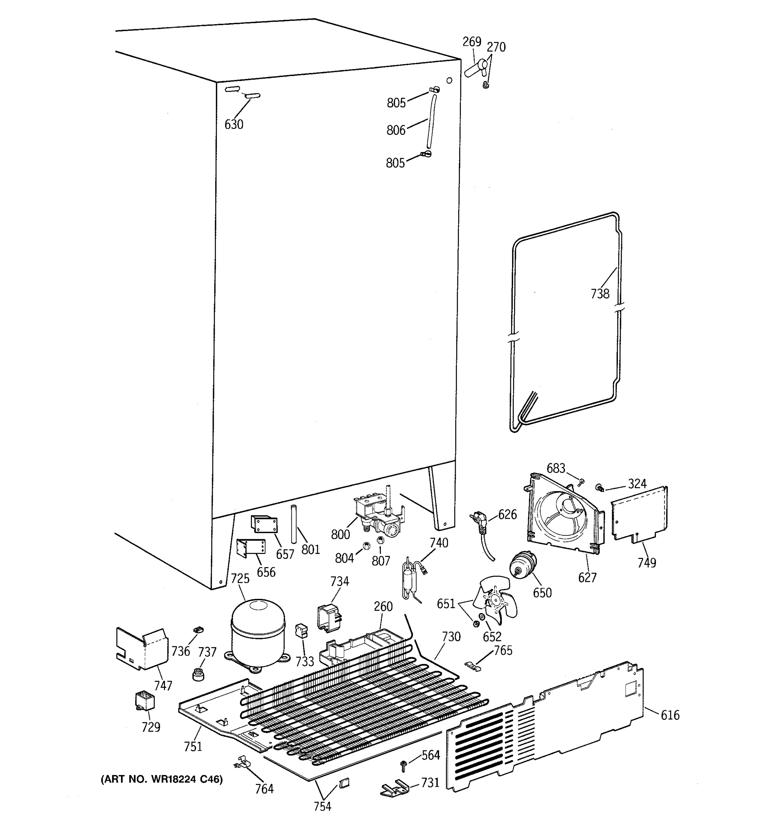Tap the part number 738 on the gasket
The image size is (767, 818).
tap(600, 294)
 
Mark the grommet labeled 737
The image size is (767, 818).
tap(199, 675)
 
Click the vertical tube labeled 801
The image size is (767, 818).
tap(294, 524)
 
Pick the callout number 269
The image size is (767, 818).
tap(471, 42)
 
